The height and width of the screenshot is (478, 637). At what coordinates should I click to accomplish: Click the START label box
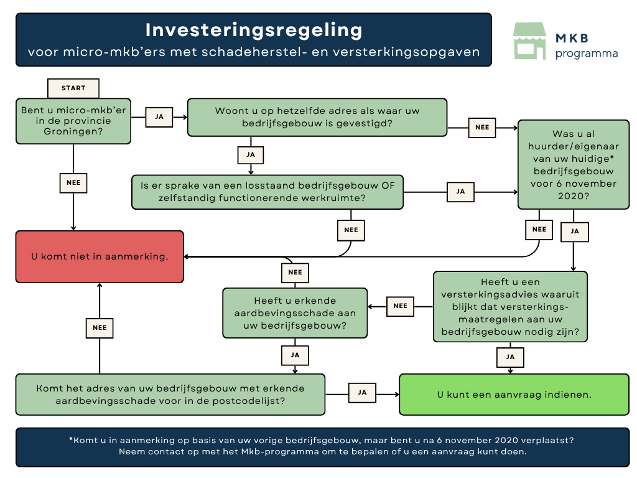point(73,88)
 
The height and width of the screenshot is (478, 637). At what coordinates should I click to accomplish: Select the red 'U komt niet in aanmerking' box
point(100,256)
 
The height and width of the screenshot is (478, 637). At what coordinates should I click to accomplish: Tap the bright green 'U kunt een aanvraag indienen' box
point(514,395)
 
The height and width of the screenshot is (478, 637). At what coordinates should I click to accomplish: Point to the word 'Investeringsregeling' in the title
point(253,30)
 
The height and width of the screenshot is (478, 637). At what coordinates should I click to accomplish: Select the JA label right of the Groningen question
point(159,116)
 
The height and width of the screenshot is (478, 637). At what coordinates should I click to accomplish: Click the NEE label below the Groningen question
point(73,183)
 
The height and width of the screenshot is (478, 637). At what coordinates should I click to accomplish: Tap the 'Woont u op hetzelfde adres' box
point(317,117)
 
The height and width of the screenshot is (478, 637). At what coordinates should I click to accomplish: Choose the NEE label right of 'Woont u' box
point(481,128)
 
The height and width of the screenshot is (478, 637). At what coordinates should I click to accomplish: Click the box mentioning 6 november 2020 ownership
point(573,164)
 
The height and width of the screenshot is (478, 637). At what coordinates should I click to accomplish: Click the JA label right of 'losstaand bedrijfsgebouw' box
point(460,192)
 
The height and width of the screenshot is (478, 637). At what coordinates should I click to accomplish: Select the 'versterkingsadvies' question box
point(510,307)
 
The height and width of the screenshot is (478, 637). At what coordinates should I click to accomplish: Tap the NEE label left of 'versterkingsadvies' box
point(400,306)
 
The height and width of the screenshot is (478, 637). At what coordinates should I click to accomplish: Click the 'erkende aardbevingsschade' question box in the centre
point(295,313)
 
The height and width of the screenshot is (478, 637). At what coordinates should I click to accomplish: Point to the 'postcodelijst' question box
point(170,395)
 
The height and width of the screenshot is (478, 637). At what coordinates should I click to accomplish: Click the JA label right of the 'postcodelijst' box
point(362,393)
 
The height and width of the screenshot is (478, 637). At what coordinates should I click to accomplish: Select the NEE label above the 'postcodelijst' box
point(100,327)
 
